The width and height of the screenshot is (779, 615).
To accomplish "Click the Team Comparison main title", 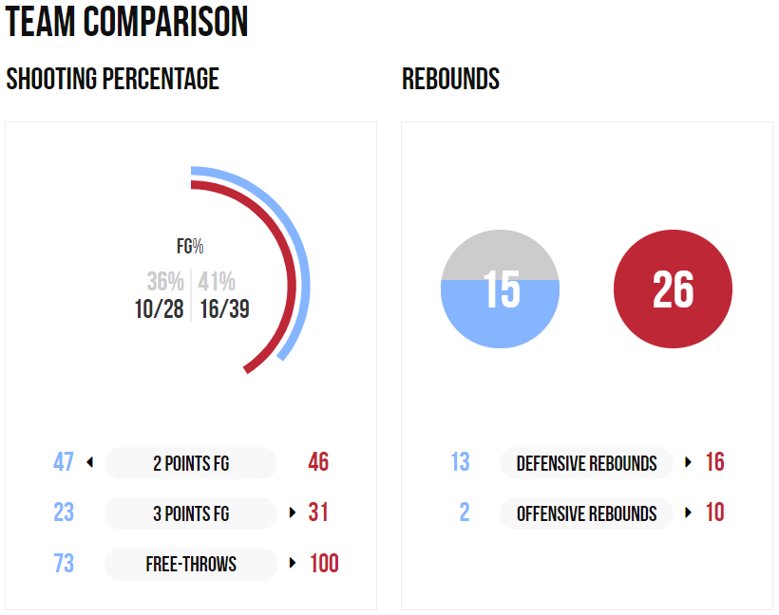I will tap(127, 22).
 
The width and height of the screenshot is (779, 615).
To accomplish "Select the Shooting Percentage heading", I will tap(112, 79).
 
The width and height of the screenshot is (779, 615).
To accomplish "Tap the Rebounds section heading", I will tap(450, 79).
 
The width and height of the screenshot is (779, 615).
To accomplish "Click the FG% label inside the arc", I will tap(190, 247).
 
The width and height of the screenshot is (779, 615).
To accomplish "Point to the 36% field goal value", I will tap(165, 282).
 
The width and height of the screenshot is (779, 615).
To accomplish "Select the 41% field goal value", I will tap(218, 282).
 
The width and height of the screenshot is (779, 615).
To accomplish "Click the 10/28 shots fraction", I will tap(160, 309).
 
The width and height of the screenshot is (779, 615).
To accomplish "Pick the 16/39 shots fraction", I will tap(224, 309).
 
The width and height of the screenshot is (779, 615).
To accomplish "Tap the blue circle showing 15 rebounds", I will tap(501, 289).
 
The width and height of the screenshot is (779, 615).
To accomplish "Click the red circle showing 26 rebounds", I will tap(673, 289).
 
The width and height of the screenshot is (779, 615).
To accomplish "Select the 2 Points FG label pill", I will tap(191, 463).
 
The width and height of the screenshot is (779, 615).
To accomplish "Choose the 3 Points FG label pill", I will tap(191, 513).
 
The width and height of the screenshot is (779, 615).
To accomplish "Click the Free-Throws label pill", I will tap(191, 564).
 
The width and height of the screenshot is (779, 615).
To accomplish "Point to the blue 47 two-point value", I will tap(64, 463).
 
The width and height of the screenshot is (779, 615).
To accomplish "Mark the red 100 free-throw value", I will tap(324, 564).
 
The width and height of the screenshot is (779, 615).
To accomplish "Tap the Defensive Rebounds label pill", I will tap(586, 463).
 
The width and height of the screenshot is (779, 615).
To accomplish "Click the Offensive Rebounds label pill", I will tap(586, 513).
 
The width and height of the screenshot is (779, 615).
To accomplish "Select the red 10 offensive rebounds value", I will tap(714, 513).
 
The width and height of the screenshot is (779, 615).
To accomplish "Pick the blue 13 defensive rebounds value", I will tap(460, 463).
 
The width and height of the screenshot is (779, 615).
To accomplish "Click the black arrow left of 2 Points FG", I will tap(89, 463).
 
